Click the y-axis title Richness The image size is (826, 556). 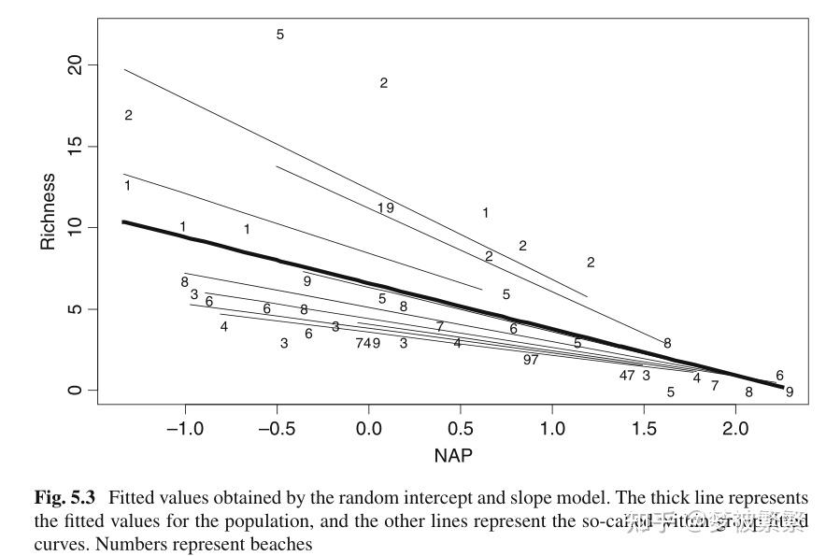[x=48, y=211]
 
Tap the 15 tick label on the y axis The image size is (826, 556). [x=75, y=147]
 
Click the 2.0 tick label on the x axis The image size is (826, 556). [x=736, y=427]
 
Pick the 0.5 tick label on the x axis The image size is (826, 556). [x=461, y=427]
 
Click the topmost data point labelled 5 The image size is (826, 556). [x=279, y=35]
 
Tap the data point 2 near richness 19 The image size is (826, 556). [x=383, y=83]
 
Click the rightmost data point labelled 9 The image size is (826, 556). [x=790, y=392]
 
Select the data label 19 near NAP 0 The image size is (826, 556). [x=385, y=207]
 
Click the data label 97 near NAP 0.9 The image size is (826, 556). [x=531, y=360]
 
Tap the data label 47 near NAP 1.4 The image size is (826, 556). [x=627, y=376]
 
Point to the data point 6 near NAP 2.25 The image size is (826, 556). [x=779, y=375]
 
